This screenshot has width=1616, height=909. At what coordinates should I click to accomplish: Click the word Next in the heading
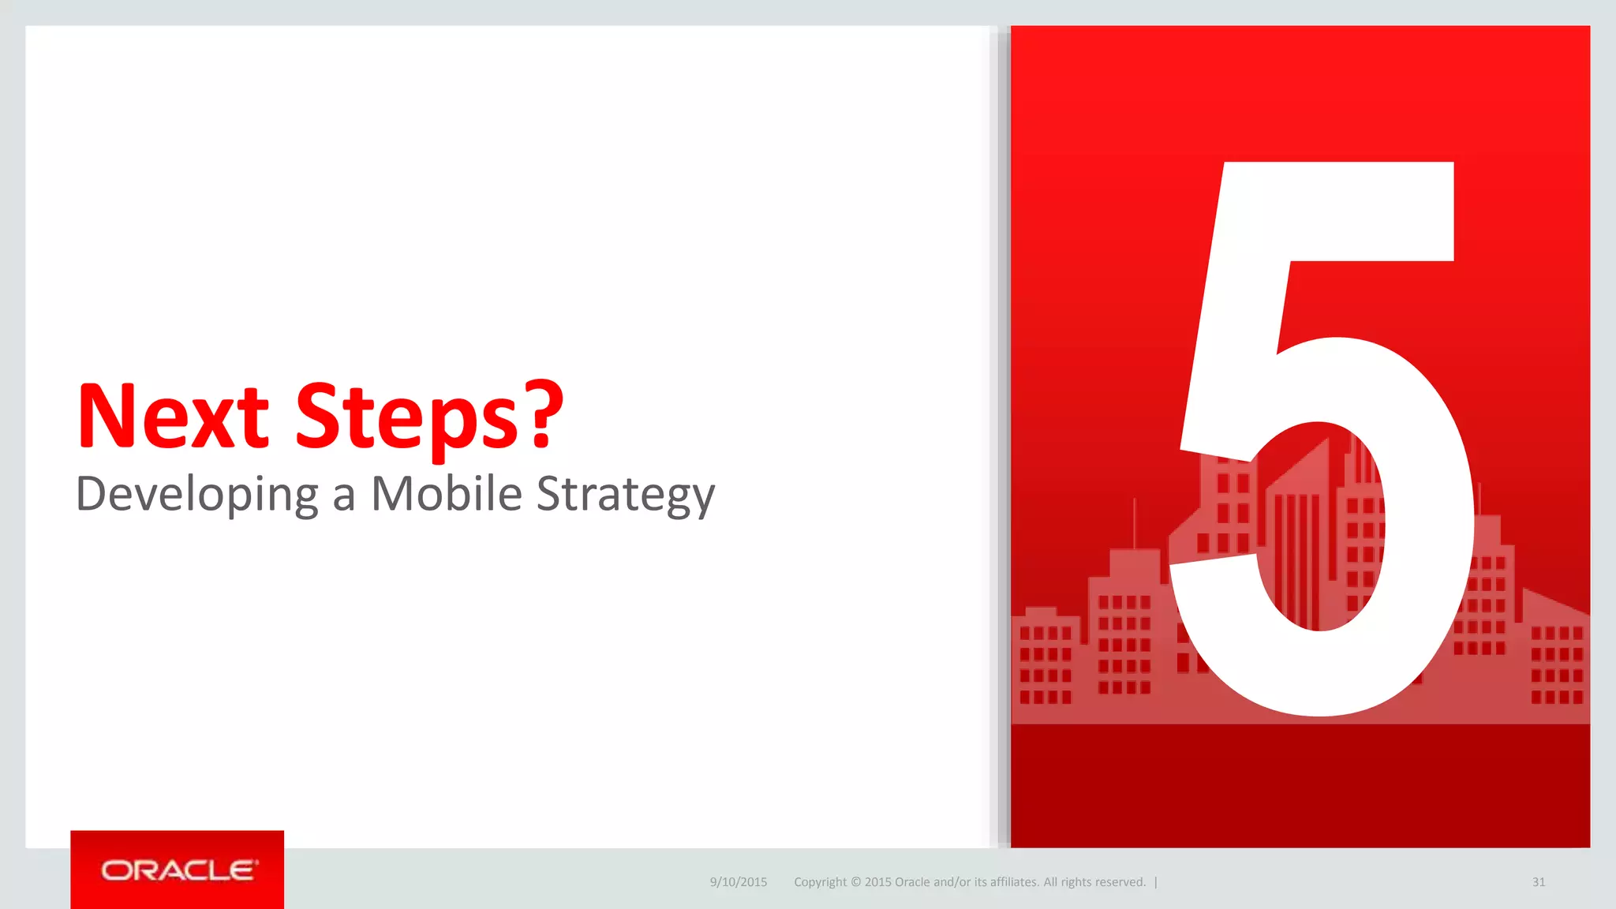pos(173,416)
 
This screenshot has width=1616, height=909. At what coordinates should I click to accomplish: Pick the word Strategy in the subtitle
pos(626,495)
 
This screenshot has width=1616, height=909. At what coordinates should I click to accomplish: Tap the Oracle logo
pos(178,870)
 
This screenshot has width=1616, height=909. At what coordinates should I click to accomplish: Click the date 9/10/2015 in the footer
pos(739,882)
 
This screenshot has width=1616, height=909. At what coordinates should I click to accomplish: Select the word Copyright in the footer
pos(820,882)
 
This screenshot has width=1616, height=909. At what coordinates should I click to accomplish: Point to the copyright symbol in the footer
pos(855,882)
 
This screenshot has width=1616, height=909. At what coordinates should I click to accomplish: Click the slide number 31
pos(1539,882)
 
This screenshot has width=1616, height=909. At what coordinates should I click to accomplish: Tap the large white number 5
pos(1326,442)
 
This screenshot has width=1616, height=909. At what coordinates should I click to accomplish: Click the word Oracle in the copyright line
pos(912,882)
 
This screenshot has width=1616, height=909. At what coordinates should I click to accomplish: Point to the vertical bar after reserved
pos(1156,882)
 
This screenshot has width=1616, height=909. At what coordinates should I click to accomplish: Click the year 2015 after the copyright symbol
pos(877,882)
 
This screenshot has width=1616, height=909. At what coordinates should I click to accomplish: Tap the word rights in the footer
pos(1077,882)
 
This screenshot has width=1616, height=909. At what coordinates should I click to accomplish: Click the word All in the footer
pos(1050,882)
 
